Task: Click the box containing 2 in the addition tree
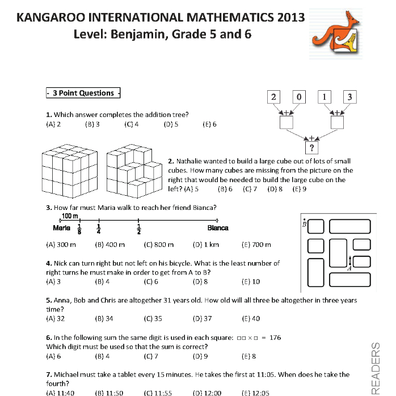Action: click(x=273, y=97)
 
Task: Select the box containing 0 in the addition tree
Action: click(x=299, y=97)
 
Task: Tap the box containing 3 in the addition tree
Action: click(x=349, y=97)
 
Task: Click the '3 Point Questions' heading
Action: click(x=83, y=93)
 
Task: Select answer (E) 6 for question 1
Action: click(x=209, y=124)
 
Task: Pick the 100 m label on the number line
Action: click(x=69, y=216)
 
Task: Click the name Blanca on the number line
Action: click(x=218, y=228)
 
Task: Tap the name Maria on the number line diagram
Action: click(x=61, y=228)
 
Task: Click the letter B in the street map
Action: click(x=304, y=224)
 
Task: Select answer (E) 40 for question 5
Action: click(x=251, y=318)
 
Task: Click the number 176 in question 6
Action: click(x=275, y=338)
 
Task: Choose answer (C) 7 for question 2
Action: click(x=250, y=189)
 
